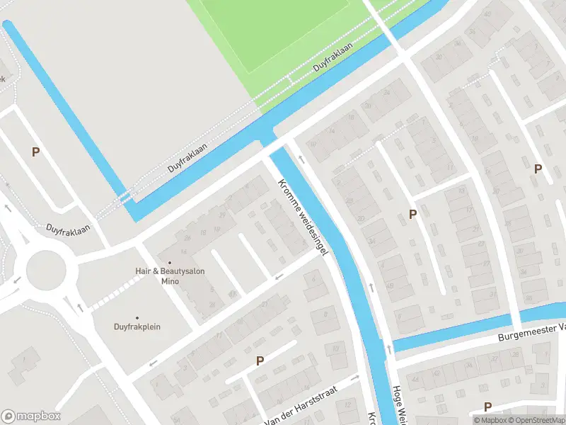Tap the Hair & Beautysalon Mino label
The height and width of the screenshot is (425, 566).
pyautogui.click(x=169, y=276)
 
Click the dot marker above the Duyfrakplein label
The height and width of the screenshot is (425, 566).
pyautogui.click(x=137, y=318)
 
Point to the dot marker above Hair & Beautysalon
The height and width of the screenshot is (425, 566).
pyautogui.click(x=169, y=263)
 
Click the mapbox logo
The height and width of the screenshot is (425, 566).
pyautogui.click(x=31, y=416)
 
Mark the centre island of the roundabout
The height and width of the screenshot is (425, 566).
pyautogui.click(x=46, y=270)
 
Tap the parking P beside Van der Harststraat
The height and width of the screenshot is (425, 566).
pyautogui.click(x=260, y=361)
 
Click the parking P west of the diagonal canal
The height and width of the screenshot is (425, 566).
pyautogui.click(x=35, y=152)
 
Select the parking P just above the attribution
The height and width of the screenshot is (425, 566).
pyautogui.click(x=487, y=407)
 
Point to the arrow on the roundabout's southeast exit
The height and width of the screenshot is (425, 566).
pyautogui.click(x=79, y=307)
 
